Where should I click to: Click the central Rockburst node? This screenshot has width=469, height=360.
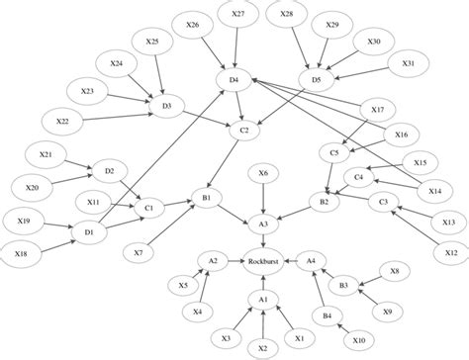point(261,261)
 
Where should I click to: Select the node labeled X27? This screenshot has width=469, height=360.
point(238,15)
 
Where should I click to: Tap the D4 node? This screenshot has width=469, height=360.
point(235,78)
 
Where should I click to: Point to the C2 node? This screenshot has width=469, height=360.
point(249,130)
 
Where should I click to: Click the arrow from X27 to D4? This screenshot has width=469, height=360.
point(237,45)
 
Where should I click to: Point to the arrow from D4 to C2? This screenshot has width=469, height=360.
point(242,104)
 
